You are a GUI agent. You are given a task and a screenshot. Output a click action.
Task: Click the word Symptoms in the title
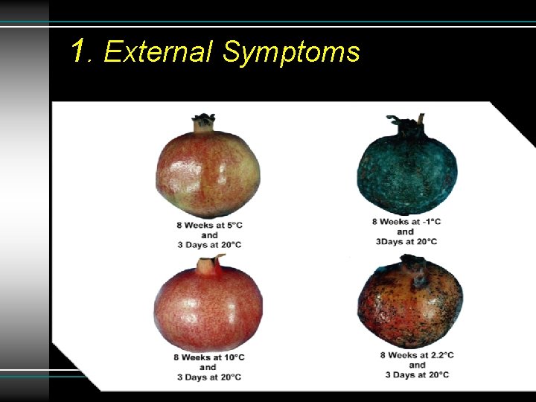pyautogui.click(x=291, y=53)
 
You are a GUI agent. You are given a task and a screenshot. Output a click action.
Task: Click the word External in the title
pyautogui.click(x=159, y=53)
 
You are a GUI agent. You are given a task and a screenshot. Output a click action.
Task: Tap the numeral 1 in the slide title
pyautogui.click(x=80, y=51)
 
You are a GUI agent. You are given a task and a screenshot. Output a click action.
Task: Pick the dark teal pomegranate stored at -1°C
pyautogui.click(x=407, y=170)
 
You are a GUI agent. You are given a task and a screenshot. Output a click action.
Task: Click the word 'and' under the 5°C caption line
pyautogui.click(x=209, y=234)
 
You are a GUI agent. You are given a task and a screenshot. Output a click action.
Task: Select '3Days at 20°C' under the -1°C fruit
pyautogui.click(x=405, y=241)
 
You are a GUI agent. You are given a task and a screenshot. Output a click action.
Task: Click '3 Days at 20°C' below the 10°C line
pyautogui.click(x=208, y=377)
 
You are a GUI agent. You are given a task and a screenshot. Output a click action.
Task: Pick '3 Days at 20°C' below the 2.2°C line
pyautogui.click(x=417, y=374)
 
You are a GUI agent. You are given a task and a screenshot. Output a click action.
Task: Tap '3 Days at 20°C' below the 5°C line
pyautogui.click(x=209, y=244)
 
